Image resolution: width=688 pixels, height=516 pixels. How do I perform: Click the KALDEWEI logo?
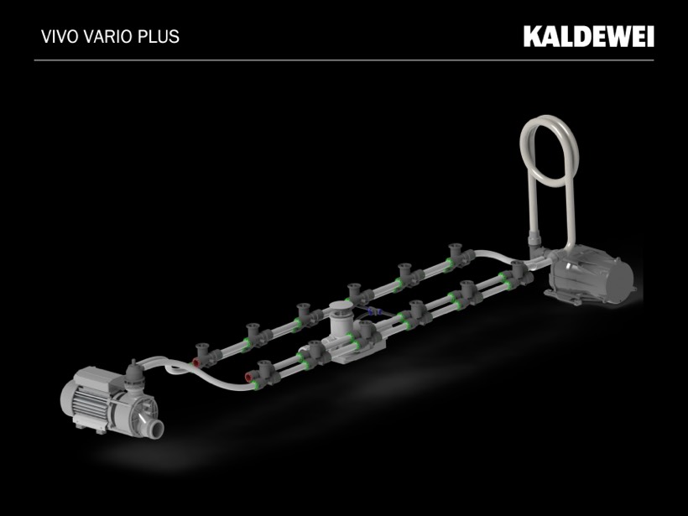point(588,36)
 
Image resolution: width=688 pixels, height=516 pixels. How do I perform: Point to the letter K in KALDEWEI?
point(532,36)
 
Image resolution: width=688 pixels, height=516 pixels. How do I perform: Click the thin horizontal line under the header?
point(344,60)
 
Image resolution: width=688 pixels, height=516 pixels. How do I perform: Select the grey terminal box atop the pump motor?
point(91,378)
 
